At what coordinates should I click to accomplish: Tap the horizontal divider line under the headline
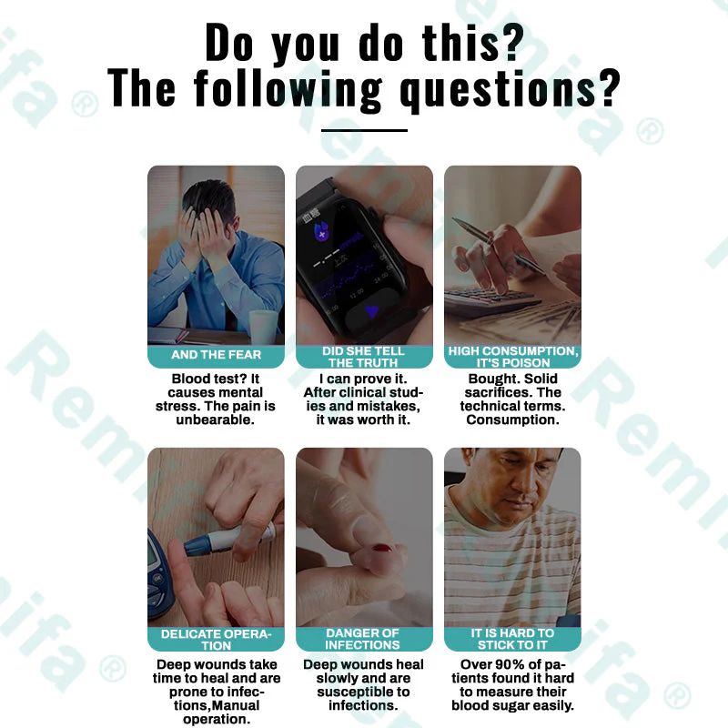tap(364, 130)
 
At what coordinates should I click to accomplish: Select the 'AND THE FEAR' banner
tap(216, 356)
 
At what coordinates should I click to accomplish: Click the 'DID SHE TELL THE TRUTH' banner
tap(364, 356)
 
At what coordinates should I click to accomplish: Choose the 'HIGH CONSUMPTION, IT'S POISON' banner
tap(512, 356)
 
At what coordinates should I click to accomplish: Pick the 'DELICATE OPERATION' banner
tap(216, 639)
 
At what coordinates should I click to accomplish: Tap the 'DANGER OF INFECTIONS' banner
tap(364, 639)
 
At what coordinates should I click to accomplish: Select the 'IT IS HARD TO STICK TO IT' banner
tap(512, 639)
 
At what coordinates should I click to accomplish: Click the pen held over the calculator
tap(499, 245)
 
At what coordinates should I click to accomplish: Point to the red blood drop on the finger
tap(382, 549)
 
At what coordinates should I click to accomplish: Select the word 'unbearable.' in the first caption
tap(215, 420)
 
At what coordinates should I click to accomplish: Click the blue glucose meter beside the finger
tap(159, 576)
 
